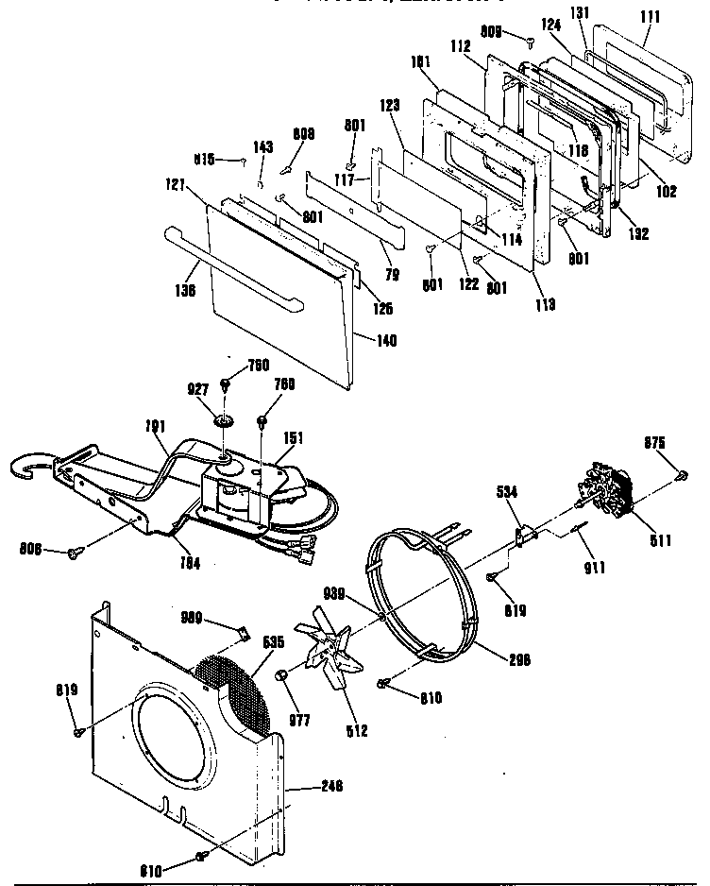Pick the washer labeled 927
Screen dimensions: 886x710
[x=224, y=419]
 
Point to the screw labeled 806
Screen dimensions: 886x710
[x=72, y=553]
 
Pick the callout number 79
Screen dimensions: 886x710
[x=391, y=275]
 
